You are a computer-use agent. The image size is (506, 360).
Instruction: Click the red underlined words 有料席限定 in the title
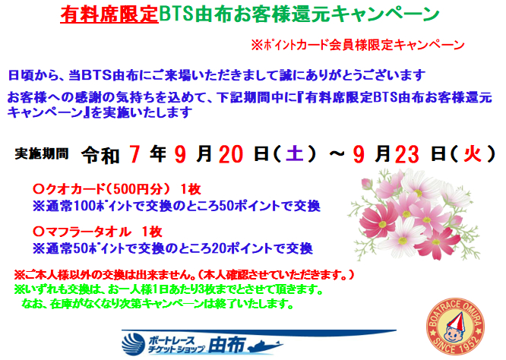(x=109, y=14)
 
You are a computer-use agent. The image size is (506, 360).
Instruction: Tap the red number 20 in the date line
(x=231, y=154)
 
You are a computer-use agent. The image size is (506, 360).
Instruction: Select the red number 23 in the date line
(x=407, y=154)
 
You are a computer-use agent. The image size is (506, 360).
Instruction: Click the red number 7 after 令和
(x=134, y=154)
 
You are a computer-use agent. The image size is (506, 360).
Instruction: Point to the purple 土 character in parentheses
(x=295, y=153)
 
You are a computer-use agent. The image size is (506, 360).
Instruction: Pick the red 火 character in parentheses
(x=472, y=153)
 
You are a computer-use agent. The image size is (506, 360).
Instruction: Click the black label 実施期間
(x=42, y=153)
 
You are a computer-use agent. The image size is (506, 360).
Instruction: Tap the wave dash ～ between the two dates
(x=337, y=153)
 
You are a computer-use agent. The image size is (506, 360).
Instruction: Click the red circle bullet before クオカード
(x=39, y=189)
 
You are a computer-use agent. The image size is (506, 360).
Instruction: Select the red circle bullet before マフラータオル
(x=39, y=231)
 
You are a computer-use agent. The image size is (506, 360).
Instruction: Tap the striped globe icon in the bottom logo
(x=133, y=344)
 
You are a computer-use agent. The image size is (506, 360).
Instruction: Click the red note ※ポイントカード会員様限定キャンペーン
(x=358, y=45)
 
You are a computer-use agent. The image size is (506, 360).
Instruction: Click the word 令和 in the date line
(x=100, y=156)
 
